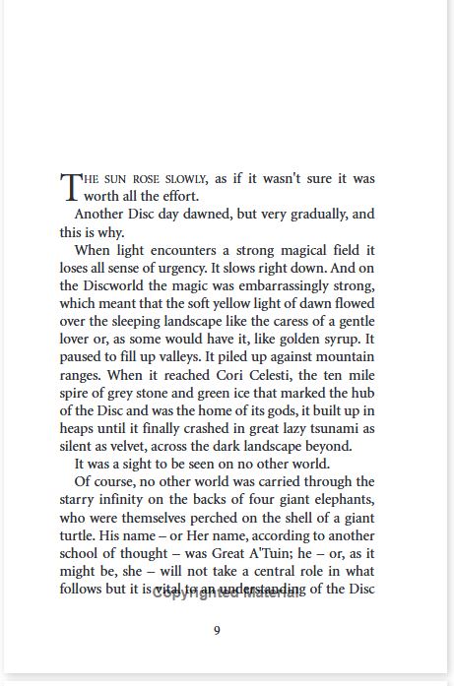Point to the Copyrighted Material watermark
225,593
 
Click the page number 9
218,631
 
